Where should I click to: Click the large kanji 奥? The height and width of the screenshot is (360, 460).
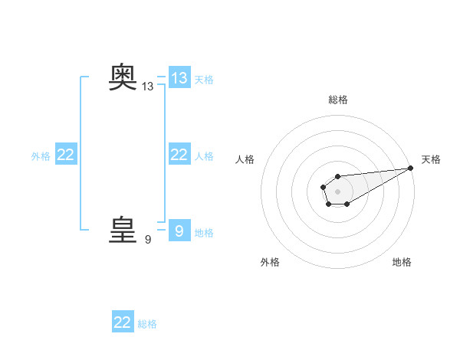[123, 77]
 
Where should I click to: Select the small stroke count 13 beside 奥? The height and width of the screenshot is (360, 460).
[148, 87]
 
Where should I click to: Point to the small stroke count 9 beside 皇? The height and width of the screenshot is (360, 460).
[148, 240]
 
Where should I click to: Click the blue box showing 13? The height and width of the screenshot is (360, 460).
[179, 77]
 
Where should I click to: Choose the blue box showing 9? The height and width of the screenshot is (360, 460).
[179, 231]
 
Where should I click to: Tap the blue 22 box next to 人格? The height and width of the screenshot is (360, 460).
[179, 155]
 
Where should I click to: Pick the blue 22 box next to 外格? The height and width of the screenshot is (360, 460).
[66, 155]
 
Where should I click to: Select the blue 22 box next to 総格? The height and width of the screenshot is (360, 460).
[123, 322]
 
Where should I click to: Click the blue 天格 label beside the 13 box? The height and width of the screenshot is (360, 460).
[204, 79]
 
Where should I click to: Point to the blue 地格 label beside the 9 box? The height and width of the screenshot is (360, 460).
[204, 232]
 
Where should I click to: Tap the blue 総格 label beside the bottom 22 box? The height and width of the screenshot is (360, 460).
[147, 324]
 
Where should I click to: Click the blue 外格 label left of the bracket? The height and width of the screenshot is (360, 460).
[41, 156]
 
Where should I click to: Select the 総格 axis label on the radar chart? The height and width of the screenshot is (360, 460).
[338, 100]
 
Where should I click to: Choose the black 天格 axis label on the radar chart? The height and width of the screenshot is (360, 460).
[431, 159]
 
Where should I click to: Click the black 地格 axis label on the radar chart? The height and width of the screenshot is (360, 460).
[402, 262]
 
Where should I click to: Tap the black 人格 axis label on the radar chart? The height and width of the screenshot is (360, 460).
[245, 159]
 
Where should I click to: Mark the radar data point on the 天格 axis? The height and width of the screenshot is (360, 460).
[411, 167]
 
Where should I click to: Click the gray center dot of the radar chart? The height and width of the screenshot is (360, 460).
[338, 191]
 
